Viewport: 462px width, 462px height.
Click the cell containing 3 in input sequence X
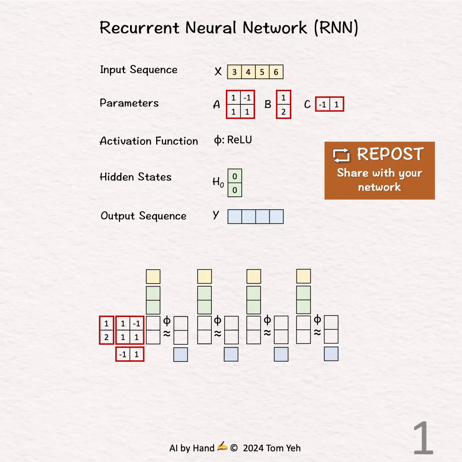click(234, 72)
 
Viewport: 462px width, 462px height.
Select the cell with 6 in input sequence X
click(276, 72)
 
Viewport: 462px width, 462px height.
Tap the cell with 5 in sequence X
click(262, 72)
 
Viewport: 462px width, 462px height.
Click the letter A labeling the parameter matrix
click(217, 104)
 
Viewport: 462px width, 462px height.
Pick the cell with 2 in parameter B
click(283, 112)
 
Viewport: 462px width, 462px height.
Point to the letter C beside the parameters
click(307, 104)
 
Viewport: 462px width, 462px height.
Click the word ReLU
click(240, 140)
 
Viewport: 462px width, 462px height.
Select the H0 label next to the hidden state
click(218, 182)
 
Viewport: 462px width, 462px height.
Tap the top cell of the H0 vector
click(234, 176)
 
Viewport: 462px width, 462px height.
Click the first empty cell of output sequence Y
click(234, 216)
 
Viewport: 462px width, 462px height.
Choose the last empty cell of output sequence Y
click(276, 216)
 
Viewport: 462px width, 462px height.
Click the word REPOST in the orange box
click(390, 154)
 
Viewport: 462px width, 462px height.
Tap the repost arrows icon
click(341, 155)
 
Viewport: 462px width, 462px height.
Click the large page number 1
click(423, 438)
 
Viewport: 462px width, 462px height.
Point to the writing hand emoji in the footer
click(222, 447)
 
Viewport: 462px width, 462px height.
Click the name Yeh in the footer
click(293, 448)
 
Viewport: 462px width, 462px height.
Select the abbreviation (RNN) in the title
click(336, 28)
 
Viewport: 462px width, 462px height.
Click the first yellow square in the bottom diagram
click(153, 276)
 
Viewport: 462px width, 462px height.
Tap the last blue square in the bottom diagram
click(331, 354)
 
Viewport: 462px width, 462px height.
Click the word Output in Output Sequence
click(115, 216)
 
